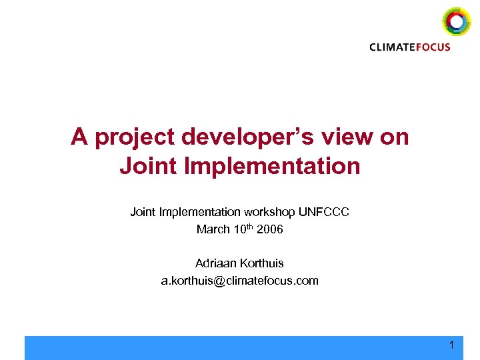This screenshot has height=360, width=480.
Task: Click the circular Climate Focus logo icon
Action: point(456,21)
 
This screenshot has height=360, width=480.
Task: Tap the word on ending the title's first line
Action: point(395,138)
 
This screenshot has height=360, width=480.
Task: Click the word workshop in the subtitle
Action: point(270,212)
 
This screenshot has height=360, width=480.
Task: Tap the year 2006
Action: point(269,229)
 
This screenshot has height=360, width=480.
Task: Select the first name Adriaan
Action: point(215,263)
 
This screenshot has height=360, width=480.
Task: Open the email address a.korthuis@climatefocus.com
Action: point(239,281)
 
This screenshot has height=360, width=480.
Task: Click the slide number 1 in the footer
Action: point(451,345)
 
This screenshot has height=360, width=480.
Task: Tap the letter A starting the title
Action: point(80,138)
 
